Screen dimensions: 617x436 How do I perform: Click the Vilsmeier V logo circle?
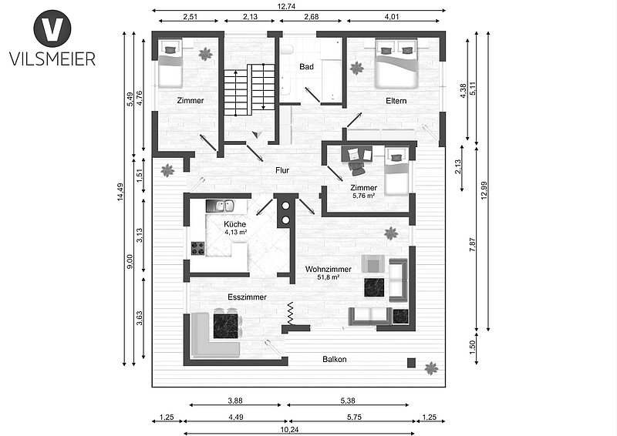tap(52, 29)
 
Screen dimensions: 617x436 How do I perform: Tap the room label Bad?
tap(306, 66)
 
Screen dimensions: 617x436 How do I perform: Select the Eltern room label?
tap(396, 101)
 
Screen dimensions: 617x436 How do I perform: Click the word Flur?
tap(282, 170)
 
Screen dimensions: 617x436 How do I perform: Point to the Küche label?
tap(235, 224)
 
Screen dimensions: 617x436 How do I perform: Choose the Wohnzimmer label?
tap(329, 270)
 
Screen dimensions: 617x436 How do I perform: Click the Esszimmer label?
tap(247, 297)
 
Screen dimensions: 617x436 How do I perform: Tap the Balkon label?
tap(335, 359)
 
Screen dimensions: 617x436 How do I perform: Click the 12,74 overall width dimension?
tap(286, 6)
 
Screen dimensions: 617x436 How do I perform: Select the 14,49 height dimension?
tap(120, 192)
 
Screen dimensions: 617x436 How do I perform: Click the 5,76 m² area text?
tap(362, 195)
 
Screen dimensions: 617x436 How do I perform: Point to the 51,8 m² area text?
tap(329, 277)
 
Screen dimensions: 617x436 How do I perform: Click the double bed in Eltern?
tap(396, 63)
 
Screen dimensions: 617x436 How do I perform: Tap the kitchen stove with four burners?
tap(198, 249)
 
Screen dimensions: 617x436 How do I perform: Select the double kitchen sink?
tap(221, 206)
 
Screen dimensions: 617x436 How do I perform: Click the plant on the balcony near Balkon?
tap(432, 368)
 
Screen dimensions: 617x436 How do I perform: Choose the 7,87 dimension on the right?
tap(473, 245)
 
